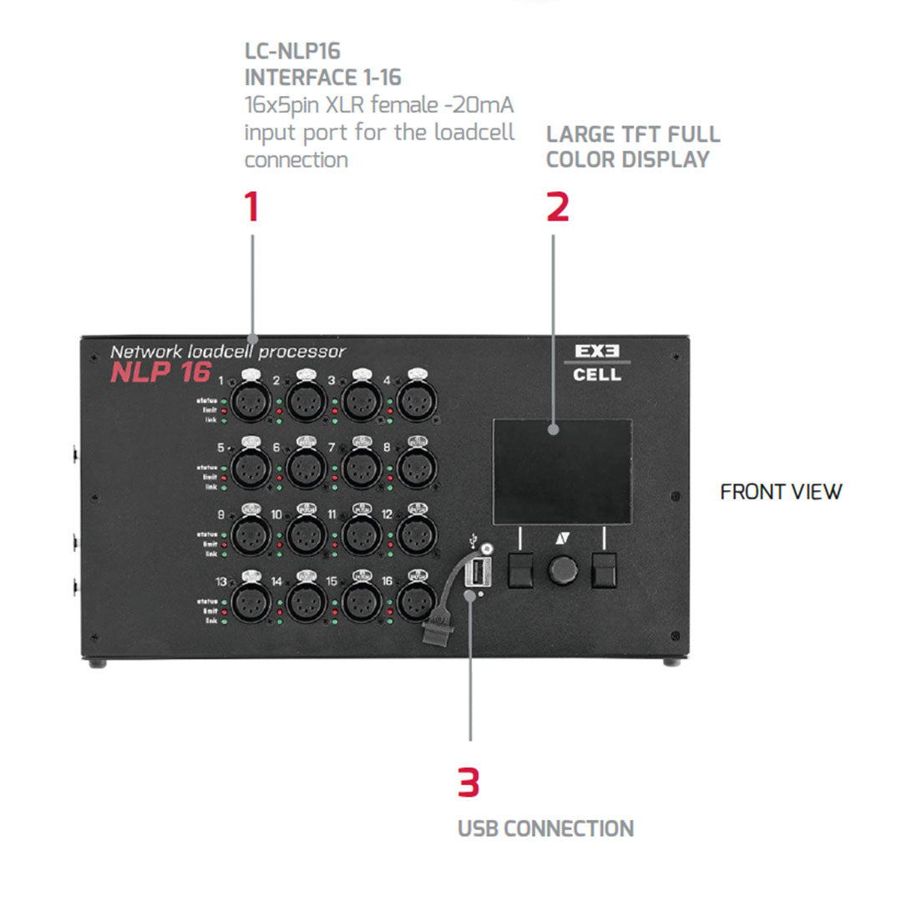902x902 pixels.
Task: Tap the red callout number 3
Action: tap(469, 783)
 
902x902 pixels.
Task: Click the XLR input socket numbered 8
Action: tap(416, 467)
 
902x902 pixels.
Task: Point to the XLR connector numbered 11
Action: tap(362, 533)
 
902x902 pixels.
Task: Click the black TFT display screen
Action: tap(562, 470)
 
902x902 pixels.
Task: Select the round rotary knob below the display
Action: tap(563, 572)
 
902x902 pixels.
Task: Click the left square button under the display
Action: tap(520, 571)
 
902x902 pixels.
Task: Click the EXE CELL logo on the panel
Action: tap(597, 362)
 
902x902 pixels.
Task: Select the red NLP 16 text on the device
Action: tap(160, 373)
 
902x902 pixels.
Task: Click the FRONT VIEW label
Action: tap(781, 492)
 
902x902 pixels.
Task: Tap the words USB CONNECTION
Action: tap(545, 829)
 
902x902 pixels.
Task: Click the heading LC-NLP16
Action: tap(292, 52)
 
